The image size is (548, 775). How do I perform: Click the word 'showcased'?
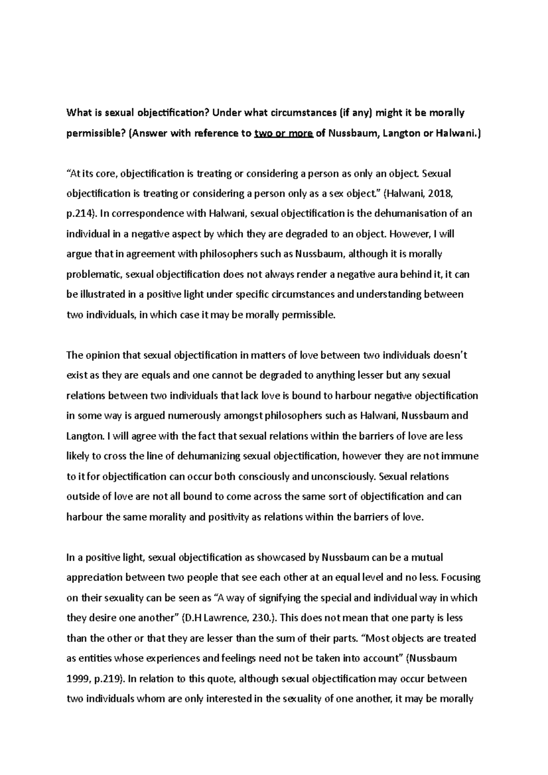pyautogui.click(x=279, y=557)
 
